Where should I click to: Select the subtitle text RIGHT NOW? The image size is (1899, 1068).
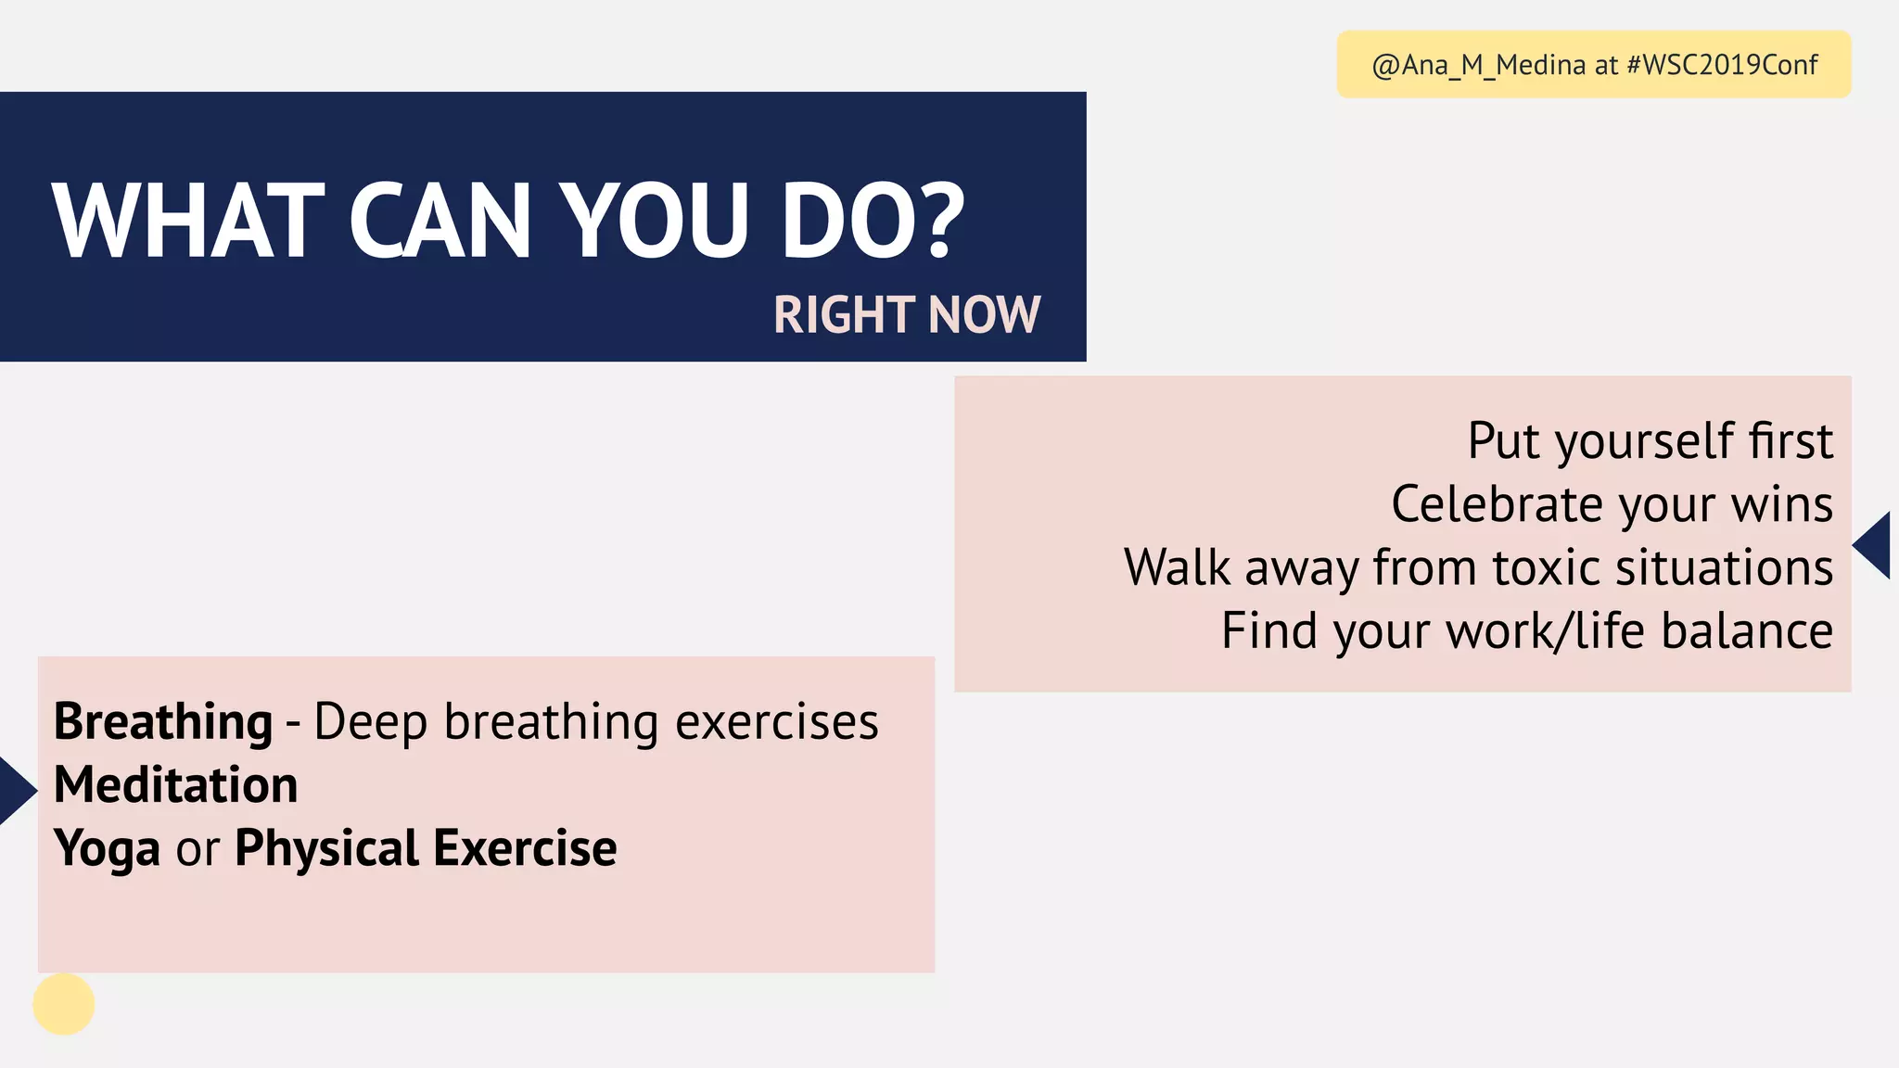[x=906, y=314]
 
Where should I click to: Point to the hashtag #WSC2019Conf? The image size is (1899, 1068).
[x=1722, y=65]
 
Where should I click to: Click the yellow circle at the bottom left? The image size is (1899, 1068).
[x=64, y=1004]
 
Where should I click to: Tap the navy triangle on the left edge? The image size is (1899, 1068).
[x=15, y=791]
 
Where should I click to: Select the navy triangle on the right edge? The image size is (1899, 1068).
[x=1875, y=545]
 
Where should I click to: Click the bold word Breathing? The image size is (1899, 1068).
[x=163, y=721]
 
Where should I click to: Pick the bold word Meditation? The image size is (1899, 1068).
[x=176, y=784]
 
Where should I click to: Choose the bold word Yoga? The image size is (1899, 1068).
[x=107, y=848]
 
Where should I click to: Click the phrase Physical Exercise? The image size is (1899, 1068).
[x=426, y=848]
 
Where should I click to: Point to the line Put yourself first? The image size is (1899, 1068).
[x=1650, y=440]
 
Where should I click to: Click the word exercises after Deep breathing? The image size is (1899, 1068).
[x=776, y=721]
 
